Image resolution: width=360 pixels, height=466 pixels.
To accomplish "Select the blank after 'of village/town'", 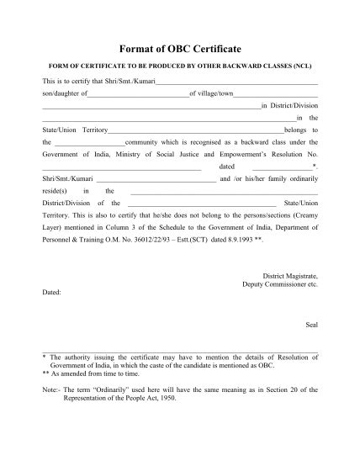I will (276, 94).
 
